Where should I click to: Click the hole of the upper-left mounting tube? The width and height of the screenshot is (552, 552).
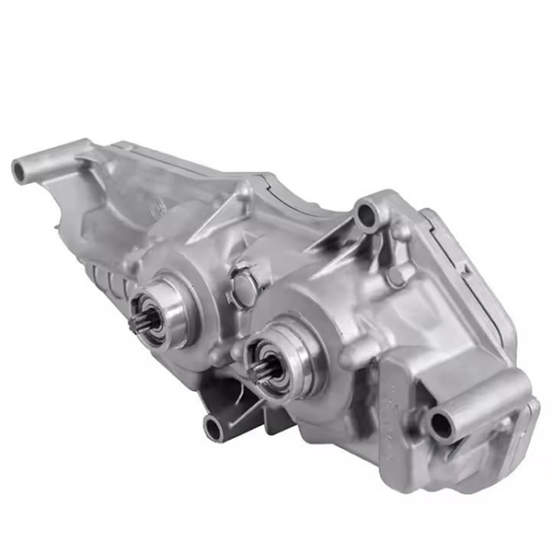(19, 169)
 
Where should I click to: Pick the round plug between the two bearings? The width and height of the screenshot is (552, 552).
(244, 286)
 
